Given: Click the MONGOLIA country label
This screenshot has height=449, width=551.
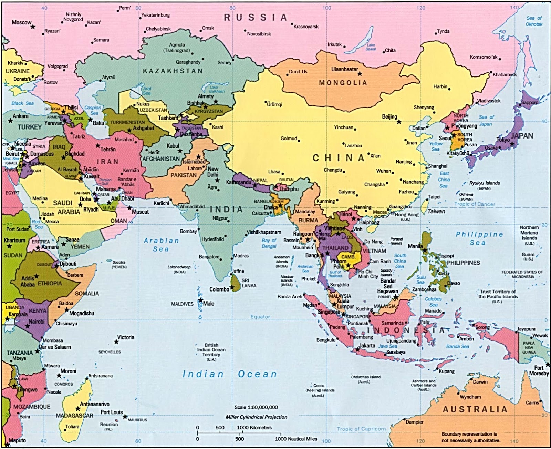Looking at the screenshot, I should pyautogui.click(x=343, y=83).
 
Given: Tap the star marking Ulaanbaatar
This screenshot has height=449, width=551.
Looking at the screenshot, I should pyautogui.click(x=360, y=74).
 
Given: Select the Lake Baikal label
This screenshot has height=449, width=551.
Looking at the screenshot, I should pyautogui.click(x=371, y=47).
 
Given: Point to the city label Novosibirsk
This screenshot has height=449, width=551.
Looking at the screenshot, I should pyautogui.click(x=259, y=34).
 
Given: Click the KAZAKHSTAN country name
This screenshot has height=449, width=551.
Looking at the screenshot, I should pyautogui.click(x=173, y=71).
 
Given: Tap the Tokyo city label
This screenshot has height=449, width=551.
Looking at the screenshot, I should pyautogui.click(x=503, y=140).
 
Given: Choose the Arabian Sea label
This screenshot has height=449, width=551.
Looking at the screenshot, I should pyautogui.click(x=161, y=245).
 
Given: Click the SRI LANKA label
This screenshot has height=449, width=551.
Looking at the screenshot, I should pyautogui.click(x=249, y=283).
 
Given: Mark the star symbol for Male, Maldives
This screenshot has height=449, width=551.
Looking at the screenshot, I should pyautogui.click(x=200, y=300).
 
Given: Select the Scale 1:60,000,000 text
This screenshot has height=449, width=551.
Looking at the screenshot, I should pyautogui.click(x=256, y=407).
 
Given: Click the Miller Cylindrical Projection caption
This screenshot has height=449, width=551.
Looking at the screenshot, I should pyautogui.click(x=256, y=417).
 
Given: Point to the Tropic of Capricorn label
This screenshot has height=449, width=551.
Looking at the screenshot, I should pyautogui.click(x=361, y=429).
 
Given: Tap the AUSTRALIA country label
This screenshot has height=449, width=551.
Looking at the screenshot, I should pyautogui.click(x=475, y=409).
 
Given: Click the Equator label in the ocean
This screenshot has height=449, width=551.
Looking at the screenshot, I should pyautogui.click(x=260, y=317).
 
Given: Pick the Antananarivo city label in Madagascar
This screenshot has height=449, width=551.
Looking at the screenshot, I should pyautogui.click(x=95, y=404).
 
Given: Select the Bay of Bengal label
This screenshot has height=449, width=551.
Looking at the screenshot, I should pyautogui.click(x=269, y=243).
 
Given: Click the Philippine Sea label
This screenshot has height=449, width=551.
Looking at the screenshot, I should pyautogui.click(x=479, y=238).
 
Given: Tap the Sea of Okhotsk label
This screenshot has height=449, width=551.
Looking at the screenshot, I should pyautogui.click(x=534, y=21).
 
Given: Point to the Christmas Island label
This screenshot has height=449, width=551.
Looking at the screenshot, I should pyautogui.click(x=366, y=379).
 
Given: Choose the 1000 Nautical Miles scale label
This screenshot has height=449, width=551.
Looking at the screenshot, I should pyautogui.click(x=296, y=439).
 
